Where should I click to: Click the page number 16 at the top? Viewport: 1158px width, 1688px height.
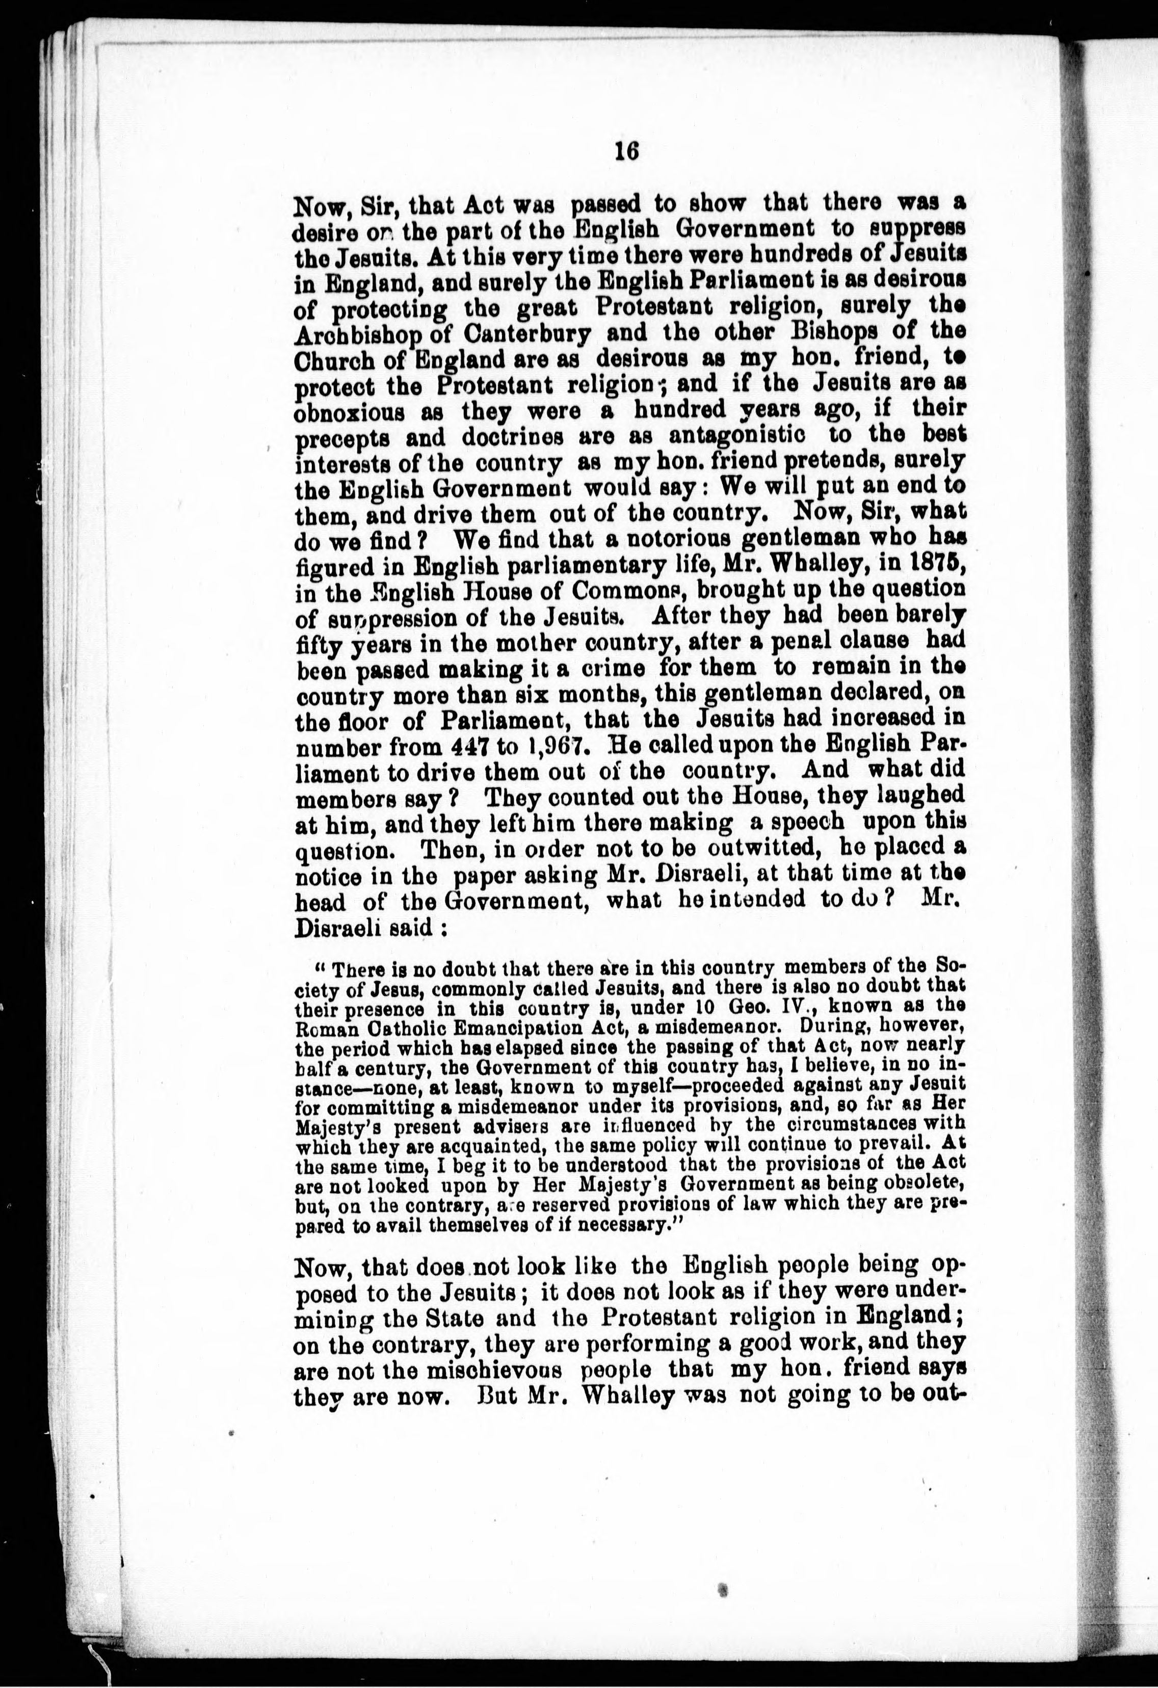(x=625, y=150)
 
